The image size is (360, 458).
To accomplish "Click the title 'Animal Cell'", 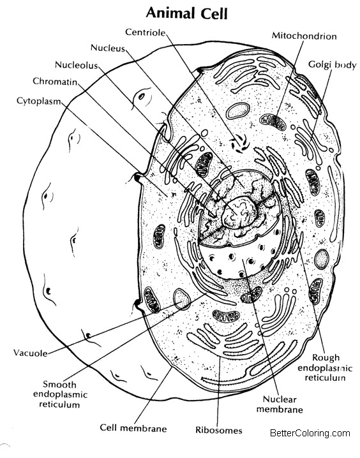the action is click(x=187, y=14).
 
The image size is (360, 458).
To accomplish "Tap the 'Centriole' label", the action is click(x=146, y=32).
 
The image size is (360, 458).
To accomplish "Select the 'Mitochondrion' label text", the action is click(x=304, y=36).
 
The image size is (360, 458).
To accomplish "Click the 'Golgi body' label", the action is click(x=333, y=65).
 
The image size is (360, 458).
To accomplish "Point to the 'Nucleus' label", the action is click(x=108, y=48).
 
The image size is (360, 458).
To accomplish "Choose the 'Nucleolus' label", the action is click(x=76, y=65).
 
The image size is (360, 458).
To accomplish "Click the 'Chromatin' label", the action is click(x=55, y=81).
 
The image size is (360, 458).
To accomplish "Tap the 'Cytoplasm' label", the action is click(x=39, y=101).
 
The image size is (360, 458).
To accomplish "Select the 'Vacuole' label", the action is click(x=31, y=353).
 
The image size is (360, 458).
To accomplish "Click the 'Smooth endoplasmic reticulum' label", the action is click(x=60, y=394).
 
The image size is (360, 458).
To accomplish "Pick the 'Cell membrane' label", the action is click(x=133, y=428).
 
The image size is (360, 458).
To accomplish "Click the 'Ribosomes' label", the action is click(x=219, y=430).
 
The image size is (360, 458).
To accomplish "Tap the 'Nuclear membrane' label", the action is click(x=280, y=404).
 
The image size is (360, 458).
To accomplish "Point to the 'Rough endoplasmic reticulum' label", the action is click(x=325, y=367).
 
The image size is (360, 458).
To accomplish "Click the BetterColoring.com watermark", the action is click(x=310, y=433).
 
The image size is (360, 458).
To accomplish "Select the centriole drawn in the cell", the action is click(x=240, y=144).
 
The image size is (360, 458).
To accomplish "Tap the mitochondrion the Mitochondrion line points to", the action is click(x=273, y=122).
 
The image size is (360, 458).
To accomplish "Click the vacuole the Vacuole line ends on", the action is click(x=182, y=299).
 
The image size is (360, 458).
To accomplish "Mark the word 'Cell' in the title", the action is click(x=214, y=14).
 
